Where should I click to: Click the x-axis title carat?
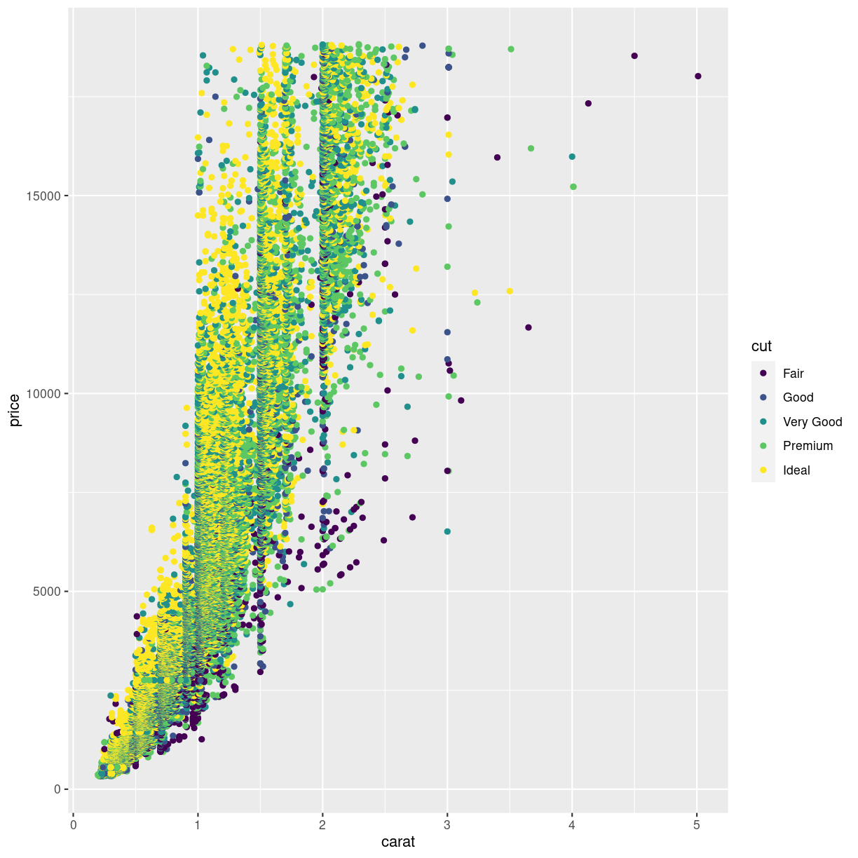click(x=397, y=842)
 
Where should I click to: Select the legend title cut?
click(x=761, y=346)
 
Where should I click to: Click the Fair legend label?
click(x=793, y=374)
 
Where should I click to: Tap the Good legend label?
click(x=798, y=397)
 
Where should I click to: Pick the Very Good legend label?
click(x=812, y=422)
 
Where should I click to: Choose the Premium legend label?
click(x=808, y=446)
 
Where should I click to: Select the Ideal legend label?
click(x=796, y=470)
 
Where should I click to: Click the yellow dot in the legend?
click(x=763, y=470)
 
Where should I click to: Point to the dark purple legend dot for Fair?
click(x=763, y=373)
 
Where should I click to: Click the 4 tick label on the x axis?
click(x=572, y=825)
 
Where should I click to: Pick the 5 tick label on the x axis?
click(x=697, y=825)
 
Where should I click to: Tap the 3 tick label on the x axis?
click(x=447, y=825)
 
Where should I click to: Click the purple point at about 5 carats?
click(x=697, y=76)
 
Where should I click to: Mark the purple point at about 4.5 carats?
click(x=634, y=56)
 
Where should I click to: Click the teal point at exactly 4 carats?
click(x=572, y=157)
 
